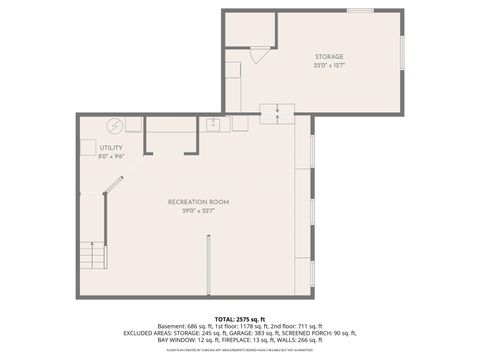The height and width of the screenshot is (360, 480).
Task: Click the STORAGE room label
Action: coord(329,57)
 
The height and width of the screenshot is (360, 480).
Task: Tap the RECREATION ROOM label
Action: coord(191,202)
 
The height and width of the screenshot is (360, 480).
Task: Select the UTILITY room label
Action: coord(110,147)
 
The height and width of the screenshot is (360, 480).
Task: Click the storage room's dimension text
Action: coord(329,66)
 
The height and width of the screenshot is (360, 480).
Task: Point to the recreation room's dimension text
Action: coord(191,211)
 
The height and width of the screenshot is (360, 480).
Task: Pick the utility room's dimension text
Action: coord(110,156)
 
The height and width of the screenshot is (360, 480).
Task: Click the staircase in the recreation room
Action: coord(93,255)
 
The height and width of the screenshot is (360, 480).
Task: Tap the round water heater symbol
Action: coord(113,125)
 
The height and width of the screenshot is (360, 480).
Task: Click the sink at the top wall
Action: coord(213,124)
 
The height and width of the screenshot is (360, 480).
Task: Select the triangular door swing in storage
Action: coord(259,56)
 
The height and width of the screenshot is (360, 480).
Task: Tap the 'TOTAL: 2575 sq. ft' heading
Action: coord(239,317)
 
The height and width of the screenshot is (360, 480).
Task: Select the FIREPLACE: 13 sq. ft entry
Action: coord(237,340)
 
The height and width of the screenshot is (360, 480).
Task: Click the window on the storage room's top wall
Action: coord(360,11)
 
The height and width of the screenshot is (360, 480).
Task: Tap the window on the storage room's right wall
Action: coord(403,62)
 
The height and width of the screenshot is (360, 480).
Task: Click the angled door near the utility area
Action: coord(115,190)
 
